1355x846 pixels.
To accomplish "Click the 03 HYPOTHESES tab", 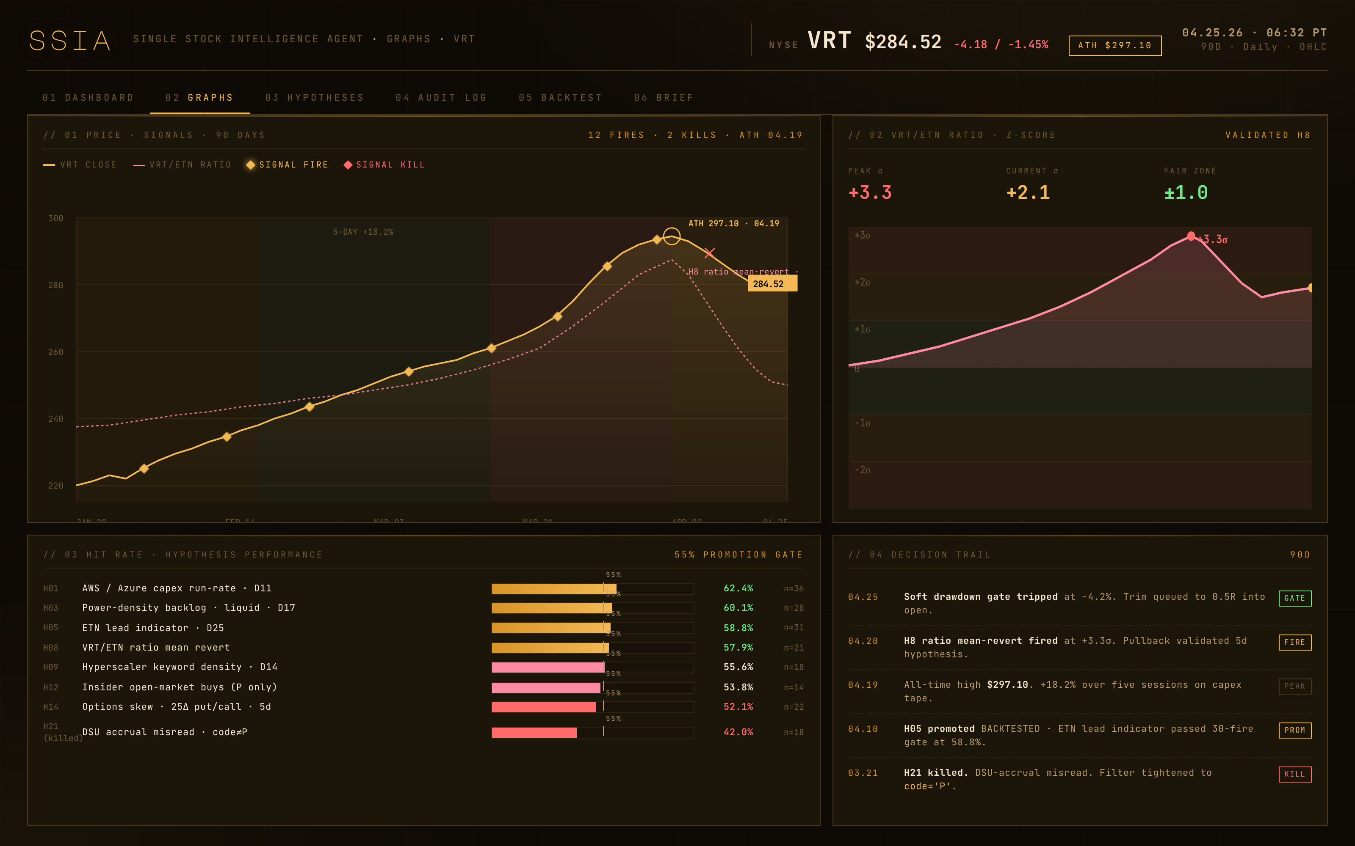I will [x=314, y=98].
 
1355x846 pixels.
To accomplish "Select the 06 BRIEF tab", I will [x=664, y=98].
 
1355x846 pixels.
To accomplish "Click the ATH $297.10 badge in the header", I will [x=1114, y=46].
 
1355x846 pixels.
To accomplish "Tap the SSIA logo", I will [x=70, y=41].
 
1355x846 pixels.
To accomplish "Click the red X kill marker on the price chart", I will [x=709, y=253].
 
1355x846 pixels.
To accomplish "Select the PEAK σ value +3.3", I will [x=870, y=193].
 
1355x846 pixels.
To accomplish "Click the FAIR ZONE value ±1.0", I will [x=1185, y=193].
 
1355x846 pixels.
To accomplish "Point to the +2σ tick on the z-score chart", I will [x=862, y=283].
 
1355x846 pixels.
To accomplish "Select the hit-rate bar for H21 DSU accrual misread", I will [x=534, y=732].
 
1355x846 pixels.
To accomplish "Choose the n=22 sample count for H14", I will [x=794, y=707].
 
